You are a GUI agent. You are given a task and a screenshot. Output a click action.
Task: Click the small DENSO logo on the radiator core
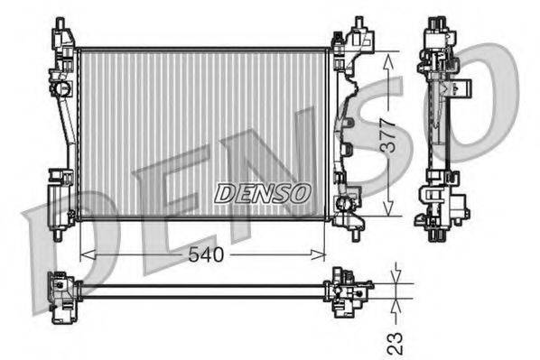coord(262,192)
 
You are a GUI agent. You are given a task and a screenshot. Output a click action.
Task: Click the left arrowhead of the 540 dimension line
coord(85,254)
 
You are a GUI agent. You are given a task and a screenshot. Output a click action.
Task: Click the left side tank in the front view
coord(61,126)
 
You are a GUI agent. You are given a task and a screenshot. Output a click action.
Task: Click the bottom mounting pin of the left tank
coord(59,235)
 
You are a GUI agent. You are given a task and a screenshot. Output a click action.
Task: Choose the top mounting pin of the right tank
coord(358,21)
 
